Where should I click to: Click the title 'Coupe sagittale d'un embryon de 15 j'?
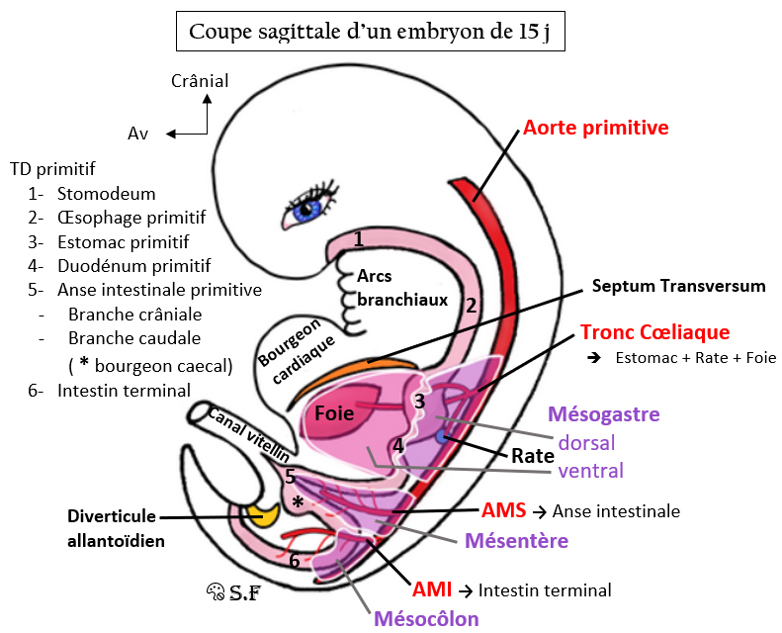point(370,32)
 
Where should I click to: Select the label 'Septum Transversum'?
point(679,286)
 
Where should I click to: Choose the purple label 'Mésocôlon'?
point(425,619)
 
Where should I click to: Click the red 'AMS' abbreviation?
point(503,511)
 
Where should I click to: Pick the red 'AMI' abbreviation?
point(432,590)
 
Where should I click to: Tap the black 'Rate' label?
point(531,457)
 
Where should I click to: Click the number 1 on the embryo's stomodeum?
point(359,238)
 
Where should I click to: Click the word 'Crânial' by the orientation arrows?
point(199,81)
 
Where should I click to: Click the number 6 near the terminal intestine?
point(294,561)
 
